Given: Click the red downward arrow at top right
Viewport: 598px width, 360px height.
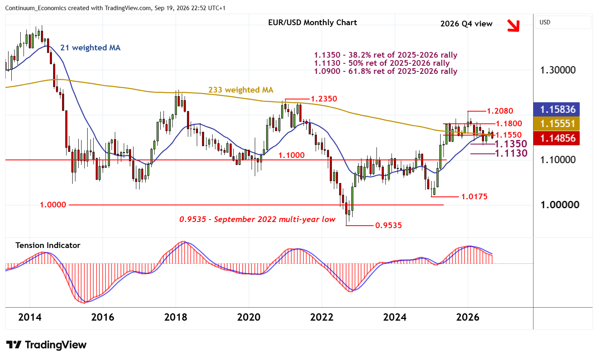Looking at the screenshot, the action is coord(514,26).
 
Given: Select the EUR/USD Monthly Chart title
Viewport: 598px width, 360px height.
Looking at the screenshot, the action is coord(312,23).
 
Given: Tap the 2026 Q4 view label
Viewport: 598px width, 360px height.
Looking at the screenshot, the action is coord(466,24).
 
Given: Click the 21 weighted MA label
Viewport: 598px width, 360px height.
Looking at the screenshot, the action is coord(90,47).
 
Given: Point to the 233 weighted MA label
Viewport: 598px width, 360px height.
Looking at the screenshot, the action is coord(241,90).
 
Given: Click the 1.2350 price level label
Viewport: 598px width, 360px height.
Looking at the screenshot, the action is coord(324,99).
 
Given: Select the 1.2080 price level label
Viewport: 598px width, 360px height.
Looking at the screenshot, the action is coord(500,111).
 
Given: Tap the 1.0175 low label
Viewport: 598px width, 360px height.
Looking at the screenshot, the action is coord(474,196).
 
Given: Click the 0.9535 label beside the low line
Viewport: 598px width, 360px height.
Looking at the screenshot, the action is coord(388,225).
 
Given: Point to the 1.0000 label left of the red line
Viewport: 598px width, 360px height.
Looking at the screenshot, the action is coord(53,205).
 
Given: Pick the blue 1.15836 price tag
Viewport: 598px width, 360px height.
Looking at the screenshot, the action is coord(556,109).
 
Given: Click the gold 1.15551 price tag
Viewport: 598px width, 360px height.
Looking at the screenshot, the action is coord(556,124).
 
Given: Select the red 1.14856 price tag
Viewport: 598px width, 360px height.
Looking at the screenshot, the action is coord(556,138).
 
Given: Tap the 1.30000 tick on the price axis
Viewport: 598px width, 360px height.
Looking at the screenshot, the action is coord(558,70).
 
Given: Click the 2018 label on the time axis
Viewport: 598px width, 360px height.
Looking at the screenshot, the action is coord(176,317).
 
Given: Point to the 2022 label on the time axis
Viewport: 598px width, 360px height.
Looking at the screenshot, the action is coord(322,317).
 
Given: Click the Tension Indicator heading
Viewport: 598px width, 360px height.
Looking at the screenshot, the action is coord(48,246).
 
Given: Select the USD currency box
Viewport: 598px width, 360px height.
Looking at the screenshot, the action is coord(563,22).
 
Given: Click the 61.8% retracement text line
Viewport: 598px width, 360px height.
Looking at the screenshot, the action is coord(385,71).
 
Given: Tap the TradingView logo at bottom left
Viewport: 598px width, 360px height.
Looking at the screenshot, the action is coord(46,345).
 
